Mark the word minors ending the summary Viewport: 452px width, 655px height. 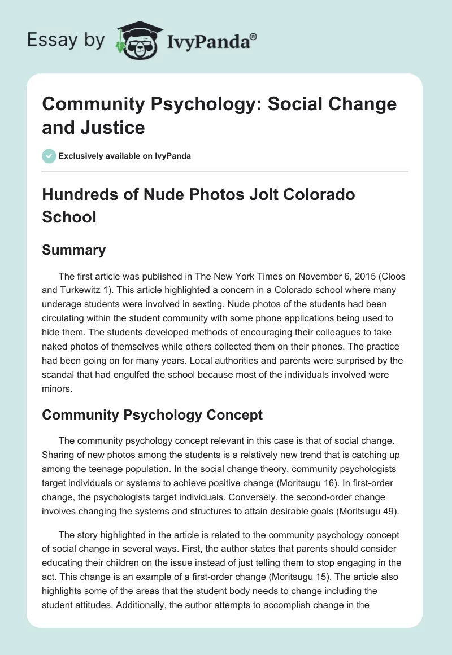(x=56, y=388)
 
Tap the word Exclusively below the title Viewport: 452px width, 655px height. (x=82, y=156)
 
